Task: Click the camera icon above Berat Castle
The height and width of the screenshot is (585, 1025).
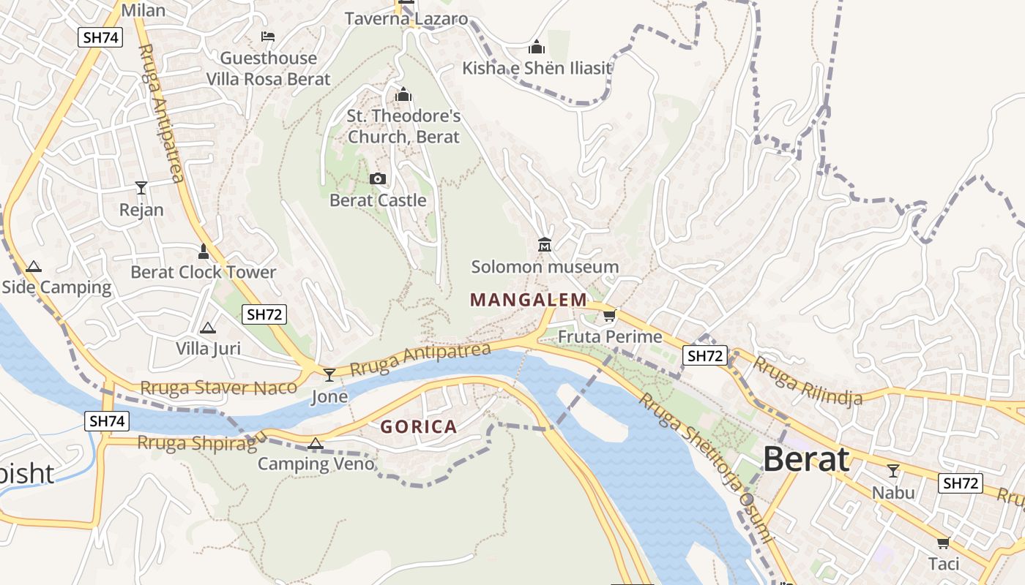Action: pos(378,178)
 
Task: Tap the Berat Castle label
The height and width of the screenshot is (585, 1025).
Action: pos(378,200)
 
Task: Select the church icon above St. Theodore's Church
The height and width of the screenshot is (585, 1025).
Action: pos(403,94)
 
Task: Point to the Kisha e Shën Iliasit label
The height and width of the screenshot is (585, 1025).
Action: pos(537,68)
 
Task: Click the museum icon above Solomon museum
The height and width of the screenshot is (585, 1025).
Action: pos(544,244)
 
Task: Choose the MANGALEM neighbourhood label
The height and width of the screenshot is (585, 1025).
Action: pos(529,300)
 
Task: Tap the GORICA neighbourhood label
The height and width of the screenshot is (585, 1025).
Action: pos(418,427)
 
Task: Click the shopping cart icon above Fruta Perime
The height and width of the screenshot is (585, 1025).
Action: pos(609,316)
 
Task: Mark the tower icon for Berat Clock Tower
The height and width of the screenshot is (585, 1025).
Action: pos(204,252)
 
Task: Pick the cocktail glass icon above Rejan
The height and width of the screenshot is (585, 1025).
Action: pos(141,188)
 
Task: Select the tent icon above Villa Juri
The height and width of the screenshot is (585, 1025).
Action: pos(208,328)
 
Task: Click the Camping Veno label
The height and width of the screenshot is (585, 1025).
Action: pos(316,464)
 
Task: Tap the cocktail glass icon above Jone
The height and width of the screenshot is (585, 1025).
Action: pos(329,375)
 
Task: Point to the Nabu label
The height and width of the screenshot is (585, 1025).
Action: pos(893,492)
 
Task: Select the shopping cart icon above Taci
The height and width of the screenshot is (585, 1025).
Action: pos(943,543)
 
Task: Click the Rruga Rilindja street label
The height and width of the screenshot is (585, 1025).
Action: pos(808,380)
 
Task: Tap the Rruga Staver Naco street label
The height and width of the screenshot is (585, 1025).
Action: pos(218,388)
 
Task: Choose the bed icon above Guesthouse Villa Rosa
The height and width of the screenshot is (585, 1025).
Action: pos(268,37)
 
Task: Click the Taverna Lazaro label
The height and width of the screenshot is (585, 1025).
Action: pos(406,19)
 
